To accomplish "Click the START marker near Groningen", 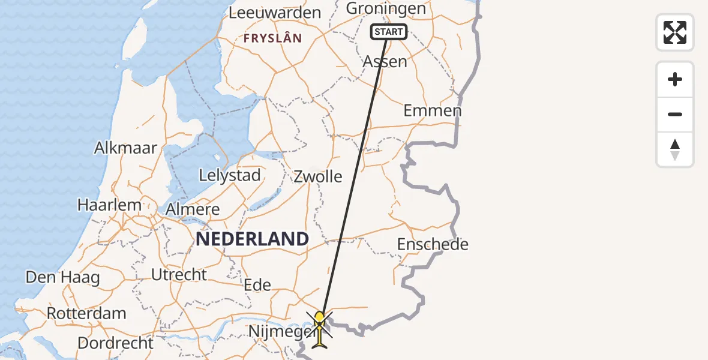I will (389, 32).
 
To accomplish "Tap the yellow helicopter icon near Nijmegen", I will (320, 329).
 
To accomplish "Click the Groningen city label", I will (386, 8).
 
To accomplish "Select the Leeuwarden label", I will (275, 13).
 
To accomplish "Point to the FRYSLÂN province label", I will (272, 38).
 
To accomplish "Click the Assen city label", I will (385, 61).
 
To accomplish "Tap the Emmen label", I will (432, 110).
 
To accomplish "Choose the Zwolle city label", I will (317, 176).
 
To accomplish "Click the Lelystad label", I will (230, 176).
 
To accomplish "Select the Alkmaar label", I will (125, 148).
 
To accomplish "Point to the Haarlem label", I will (109, 205).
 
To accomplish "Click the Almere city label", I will (192, 209).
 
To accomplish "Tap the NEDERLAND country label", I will (252, 239).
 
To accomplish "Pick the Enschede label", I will (433, 244).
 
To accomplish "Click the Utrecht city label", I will (179, 275).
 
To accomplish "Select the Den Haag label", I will (62, 278).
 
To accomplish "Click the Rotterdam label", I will (86, 313).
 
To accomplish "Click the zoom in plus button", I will (675, 79).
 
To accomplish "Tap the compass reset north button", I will (675, 149).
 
